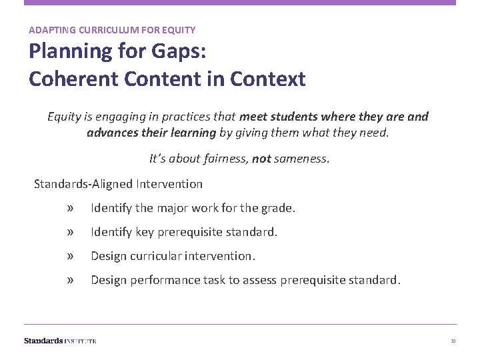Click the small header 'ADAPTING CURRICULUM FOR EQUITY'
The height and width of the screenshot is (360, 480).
click(112, 30)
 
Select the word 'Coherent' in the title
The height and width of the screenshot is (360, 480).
click(69, 79)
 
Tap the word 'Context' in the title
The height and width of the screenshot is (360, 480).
click(268, 79)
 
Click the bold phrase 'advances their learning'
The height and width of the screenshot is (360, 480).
click(151, 132)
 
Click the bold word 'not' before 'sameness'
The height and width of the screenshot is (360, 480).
click(261, 159)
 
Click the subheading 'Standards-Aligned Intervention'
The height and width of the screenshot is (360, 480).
click(119, 183)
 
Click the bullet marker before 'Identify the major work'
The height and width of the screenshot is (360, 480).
click(71, 209)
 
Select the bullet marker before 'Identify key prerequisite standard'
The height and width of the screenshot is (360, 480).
click(71, 233)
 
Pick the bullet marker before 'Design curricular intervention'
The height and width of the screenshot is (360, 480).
click(71, 256)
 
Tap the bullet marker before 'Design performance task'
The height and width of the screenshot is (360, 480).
click(71, 280)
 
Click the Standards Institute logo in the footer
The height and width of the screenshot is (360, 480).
click(60, 341)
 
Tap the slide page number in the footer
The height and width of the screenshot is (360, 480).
click(453, 341)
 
